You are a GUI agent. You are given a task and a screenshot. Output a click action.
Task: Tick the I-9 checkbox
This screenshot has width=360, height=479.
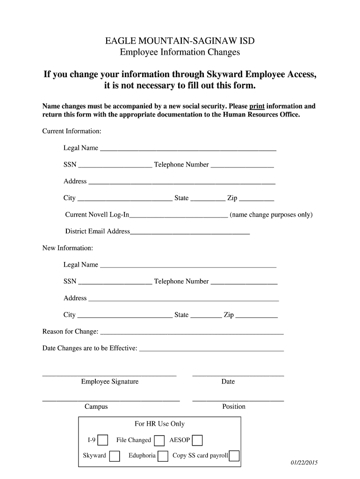click(103, 440)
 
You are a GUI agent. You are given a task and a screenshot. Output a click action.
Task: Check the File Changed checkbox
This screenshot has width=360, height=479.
click(159, 441)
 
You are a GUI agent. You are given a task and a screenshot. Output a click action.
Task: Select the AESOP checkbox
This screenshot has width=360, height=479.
click(197, 441)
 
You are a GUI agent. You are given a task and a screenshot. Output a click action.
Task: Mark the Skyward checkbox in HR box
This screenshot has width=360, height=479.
click(115, 456)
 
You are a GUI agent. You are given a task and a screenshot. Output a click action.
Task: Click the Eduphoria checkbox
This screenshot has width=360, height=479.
click(163, 456)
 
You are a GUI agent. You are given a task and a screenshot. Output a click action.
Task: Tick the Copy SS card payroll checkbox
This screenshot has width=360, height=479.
click(234, 456)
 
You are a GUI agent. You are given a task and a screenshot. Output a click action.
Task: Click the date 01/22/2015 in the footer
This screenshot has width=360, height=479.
click(304, 463)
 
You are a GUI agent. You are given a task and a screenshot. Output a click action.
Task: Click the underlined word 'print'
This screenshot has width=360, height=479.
click(257, 106)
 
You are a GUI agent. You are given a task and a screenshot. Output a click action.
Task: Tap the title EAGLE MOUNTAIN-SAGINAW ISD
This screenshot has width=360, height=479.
click(180, 41)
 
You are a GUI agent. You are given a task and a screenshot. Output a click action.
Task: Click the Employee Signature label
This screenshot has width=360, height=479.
click(110, 382)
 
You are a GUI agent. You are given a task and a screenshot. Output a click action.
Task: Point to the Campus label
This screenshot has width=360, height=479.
click(96, 406)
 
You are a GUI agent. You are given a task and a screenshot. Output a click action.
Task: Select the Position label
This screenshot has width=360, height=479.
click(234, 406)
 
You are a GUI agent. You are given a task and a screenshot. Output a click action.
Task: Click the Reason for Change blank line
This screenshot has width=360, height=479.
click(192, 334)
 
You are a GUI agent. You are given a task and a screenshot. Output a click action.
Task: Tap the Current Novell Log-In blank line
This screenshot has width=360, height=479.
click(179, 217)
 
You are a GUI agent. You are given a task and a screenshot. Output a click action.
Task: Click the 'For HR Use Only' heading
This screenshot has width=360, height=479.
click(159, 424)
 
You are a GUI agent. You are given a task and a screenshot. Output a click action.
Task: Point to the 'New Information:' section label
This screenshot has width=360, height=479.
click(68, 248)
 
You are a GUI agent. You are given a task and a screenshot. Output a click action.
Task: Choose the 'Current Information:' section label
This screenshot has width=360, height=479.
click(72, 131)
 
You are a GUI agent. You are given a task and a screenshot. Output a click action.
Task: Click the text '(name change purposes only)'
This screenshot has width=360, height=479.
click(271, 215)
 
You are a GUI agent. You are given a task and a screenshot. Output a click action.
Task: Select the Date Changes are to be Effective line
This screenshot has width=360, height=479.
click(211, 350)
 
